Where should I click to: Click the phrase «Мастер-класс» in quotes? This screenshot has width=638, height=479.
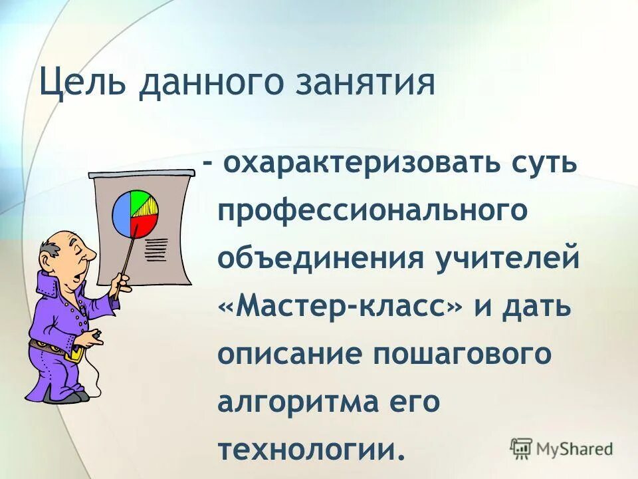[341, 306]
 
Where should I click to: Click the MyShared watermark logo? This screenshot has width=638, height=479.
[562, 448]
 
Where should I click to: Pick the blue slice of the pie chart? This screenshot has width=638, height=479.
[122, 212]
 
